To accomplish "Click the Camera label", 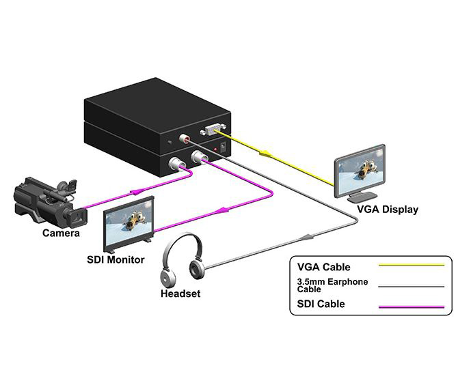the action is pos(61,233).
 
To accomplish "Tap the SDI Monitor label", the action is pos(116,259).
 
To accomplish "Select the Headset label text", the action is pos(180,294).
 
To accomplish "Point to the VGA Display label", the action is pos(388,210).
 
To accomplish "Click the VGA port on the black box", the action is pos(213,130).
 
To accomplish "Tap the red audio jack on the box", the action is pos(184,139).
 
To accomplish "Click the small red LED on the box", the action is pos(215,149).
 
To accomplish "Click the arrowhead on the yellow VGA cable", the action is pos(265,154).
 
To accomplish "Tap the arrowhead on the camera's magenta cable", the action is pos(135,191).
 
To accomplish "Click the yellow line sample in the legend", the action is pos(412,265).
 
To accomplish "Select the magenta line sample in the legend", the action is pos(412,306).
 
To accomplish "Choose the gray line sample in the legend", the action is pos(412,287).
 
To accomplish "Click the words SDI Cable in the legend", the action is pos(321,304).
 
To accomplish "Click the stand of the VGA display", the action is pos(362,196).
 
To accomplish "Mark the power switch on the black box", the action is pos(223,147).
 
